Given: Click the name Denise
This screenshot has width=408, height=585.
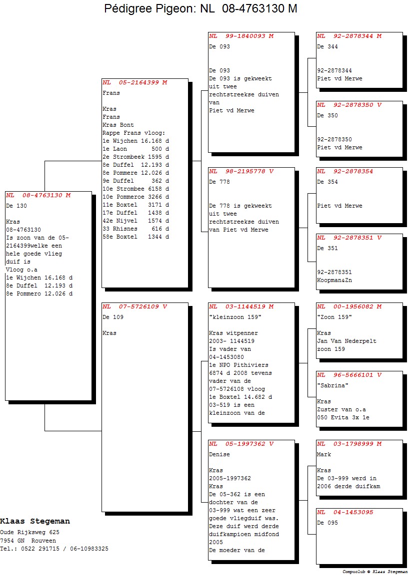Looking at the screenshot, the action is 219,454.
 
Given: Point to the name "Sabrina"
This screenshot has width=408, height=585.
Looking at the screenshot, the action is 332,385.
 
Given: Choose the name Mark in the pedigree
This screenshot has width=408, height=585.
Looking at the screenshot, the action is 324,454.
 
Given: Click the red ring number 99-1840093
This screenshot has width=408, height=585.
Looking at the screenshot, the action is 245,36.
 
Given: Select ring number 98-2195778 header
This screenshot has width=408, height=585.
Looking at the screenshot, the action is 245,171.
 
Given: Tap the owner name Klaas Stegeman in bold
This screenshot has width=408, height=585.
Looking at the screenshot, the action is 35,521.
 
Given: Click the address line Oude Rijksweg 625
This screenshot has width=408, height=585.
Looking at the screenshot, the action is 29,533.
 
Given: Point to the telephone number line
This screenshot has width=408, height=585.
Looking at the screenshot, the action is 54,549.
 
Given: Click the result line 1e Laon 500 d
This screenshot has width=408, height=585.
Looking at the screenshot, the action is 135,149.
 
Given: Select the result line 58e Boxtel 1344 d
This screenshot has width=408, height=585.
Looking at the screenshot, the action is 135,237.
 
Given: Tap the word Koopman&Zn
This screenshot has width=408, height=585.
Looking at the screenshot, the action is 334,280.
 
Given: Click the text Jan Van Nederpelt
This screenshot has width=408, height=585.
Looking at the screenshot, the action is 346,341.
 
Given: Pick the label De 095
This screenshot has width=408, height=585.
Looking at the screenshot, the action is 327,523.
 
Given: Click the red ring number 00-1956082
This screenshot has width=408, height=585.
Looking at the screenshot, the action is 353,306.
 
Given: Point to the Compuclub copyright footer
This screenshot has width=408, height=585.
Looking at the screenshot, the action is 374,572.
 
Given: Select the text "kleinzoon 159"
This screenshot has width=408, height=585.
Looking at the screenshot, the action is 235,317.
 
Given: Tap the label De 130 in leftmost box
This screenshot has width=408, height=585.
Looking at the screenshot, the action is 16,206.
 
